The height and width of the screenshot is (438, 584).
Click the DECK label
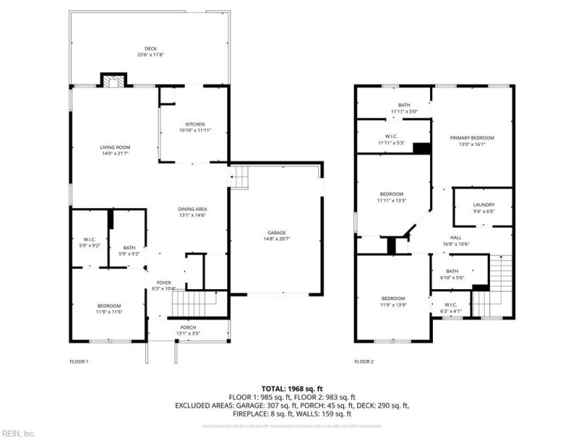[x=150, y=49]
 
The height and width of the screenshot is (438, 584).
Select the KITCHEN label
[x=194, y=124]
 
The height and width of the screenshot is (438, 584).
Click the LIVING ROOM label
[x=115, y=147]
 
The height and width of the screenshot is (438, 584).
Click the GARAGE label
[x=276, y=232]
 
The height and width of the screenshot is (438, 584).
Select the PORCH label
[x=187, y=328]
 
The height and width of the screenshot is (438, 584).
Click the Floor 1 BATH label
[x=129, y=247]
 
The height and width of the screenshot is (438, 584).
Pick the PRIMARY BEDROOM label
[x=472, y=138]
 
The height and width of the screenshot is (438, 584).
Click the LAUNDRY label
[x=484, y=204]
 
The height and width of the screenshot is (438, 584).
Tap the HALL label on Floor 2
[x=456, y=237]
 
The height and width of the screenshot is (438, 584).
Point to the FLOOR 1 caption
[x=79, y=361]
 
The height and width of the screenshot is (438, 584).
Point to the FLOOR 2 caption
[x=364, y=361]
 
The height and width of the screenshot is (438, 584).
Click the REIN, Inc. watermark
[x=18, y=432]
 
